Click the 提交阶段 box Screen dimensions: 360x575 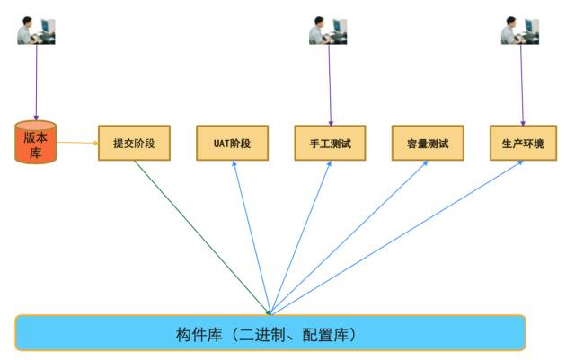[x=134, y=144]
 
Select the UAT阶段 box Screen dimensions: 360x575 [x=232, y=144]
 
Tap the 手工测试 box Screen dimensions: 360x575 [x=330, y=144]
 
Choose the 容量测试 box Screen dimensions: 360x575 [x=428, y=144]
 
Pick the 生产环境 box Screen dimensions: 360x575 [x=523, y=144]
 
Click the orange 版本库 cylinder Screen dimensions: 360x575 [x=36, y=143]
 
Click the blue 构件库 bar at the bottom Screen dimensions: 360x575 [x=270, y=333]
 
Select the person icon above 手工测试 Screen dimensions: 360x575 [x=329, y=31]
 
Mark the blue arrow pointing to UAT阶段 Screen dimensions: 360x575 [x=251, y=237]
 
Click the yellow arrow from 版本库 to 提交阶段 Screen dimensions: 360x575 [x=77, y=142]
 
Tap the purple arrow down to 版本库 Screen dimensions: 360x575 [x=37, y=81]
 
